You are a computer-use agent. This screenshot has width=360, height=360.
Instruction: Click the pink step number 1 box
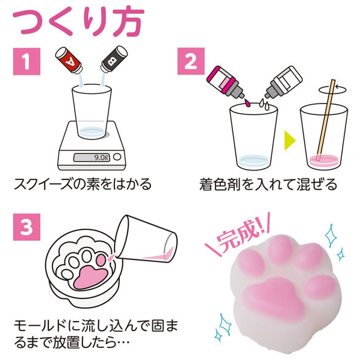(26, 61)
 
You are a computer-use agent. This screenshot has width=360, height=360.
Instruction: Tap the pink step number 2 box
(191, 61)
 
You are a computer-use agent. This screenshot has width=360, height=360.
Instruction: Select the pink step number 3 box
(26, 227)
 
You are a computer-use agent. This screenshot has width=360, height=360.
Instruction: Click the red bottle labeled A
(69, 60)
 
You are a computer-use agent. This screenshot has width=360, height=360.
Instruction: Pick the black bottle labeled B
(114, 59)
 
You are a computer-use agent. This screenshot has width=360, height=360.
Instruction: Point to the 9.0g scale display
(92, 158)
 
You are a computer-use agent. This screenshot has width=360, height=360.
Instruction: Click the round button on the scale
(117, 157)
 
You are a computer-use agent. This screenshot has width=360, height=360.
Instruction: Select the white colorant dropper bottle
(284, 82)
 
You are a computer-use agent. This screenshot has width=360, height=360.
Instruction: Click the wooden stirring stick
(326, 120)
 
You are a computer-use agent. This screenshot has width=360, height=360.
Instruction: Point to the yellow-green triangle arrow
(290, 140)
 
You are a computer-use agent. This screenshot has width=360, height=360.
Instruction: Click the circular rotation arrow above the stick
(332, 90)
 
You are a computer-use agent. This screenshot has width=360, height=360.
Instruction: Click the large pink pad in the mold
(90, 277)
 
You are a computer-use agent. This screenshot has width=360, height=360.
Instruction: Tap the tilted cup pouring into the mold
(146, 240)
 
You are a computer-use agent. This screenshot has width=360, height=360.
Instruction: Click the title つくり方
(78, 22)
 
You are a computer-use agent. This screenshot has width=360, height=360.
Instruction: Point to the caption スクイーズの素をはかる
(82, 184)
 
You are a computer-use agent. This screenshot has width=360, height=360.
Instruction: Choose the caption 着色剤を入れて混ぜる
(268, 184)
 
